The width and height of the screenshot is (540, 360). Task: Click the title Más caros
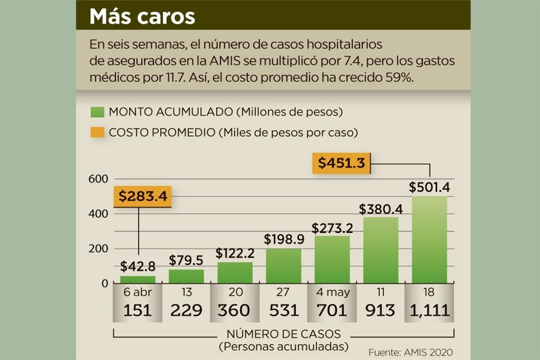142,16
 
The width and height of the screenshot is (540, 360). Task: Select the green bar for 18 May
429,240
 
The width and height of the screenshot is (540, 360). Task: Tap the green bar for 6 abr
138,279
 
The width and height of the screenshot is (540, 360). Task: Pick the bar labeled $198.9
283,265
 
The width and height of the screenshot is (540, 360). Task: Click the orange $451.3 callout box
341,163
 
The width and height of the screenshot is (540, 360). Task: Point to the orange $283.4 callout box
143,197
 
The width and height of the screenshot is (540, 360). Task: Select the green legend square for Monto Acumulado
97,112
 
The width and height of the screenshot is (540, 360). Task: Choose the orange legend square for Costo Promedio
97,133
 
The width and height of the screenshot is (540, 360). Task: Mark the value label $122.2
235,253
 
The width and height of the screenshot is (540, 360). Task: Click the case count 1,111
430,310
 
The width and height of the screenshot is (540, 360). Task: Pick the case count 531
283,310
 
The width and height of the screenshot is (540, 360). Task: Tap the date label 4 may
332,292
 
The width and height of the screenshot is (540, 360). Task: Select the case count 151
138,310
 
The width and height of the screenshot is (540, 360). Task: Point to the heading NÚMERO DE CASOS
283,334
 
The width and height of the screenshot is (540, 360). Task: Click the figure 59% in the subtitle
399,78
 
